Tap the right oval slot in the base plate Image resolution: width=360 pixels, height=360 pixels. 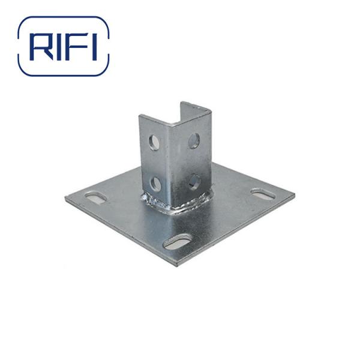263,194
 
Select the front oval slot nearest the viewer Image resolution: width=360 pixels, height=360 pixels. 178,242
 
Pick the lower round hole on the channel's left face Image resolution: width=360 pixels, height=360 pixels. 156,183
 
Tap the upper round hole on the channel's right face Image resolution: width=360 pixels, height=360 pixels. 194,140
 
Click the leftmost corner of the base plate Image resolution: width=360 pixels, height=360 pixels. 66,197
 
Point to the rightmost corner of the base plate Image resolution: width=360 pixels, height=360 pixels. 294,194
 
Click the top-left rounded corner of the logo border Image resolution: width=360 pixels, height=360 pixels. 24,22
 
